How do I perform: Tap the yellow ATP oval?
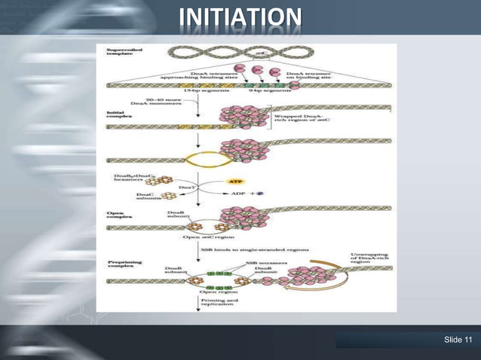click(234, 182)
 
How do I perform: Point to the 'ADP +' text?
click(245, 194)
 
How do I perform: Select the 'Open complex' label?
click(120, 215)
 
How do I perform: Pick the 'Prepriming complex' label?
click(121, 265)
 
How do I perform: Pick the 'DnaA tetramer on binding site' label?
click(310, 75)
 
